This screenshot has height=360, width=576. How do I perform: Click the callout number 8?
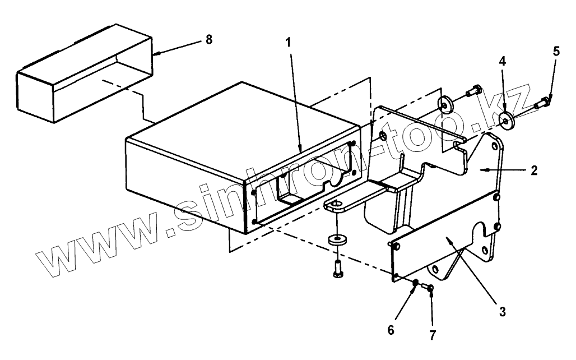[x=208, y=40]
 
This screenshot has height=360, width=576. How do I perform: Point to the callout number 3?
[x=502, y=311]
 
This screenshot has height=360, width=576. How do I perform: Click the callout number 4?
[x=503, y=61]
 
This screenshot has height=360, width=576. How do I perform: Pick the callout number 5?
[x=555, y=51]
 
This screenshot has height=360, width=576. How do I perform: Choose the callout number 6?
[x=391, y=329]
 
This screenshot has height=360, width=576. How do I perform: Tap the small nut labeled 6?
[x=415, y=284]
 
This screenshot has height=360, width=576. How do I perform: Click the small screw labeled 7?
[x=430, y=288]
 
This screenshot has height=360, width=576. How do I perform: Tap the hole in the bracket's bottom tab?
[x=336, y=204]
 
